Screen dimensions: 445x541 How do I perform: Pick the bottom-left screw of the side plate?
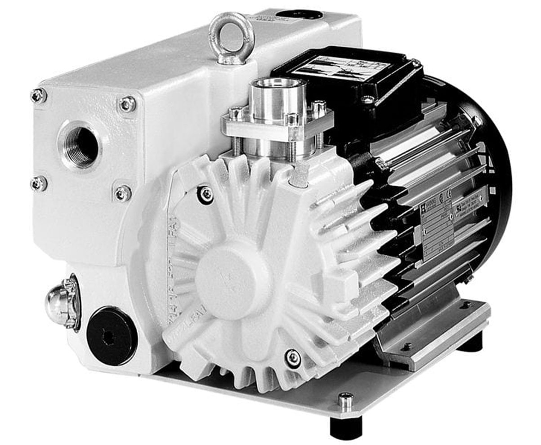pyautogui.click(x=39, y=183)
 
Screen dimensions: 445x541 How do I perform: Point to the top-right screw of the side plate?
pyautogui.click(x=127, y=104)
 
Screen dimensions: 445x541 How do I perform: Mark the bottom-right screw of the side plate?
pyautogui.click(x=122, y=193)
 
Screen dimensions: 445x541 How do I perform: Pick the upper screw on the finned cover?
pyautogui.click(x=206, y=194)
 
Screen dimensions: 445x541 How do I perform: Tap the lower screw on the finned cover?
pyautogui.click(x=293, y=358)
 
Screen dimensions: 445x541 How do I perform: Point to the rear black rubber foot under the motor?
pyautogui.click(x=470, y=343)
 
